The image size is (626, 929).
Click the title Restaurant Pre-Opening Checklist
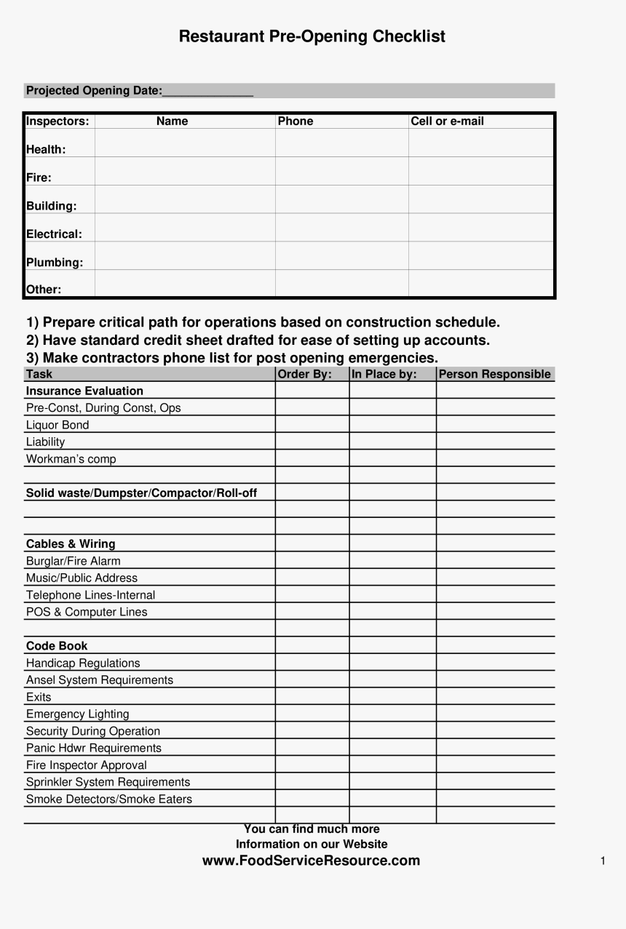(312, 36)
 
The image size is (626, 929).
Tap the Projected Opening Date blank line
(207, 92)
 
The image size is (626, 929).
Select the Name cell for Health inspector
(185, 143)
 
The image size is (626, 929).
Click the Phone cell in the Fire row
(341, 172)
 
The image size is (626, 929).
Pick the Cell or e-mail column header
(447, 121)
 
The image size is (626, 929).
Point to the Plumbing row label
(55, 263)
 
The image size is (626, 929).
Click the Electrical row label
(54, 234)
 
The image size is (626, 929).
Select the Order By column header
(304, 375)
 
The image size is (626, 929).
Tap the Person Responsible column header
(495, 375)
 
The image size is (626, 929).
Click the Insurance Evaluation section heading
(84, 391)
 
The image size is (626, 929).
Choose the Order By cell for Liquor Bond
(312, 425)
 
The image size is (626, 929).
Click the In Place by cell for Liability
(392, 442)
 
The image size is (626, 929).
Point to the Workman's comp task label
(71, 459)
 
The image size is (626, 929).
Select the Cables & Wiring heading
(71, 544)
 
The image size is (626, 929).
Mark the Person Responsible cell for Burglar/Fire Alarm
(495, 561)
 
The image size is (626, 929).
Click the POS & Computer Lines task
(87, 612)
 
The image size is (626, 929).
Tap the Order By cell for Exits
(312, 697)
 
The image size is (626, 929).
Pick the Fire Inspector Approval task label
(86, 765)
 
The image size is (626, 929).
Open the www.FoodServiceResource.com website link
(311, 861)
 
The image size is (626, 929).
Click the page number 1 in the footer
(603, 861)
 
